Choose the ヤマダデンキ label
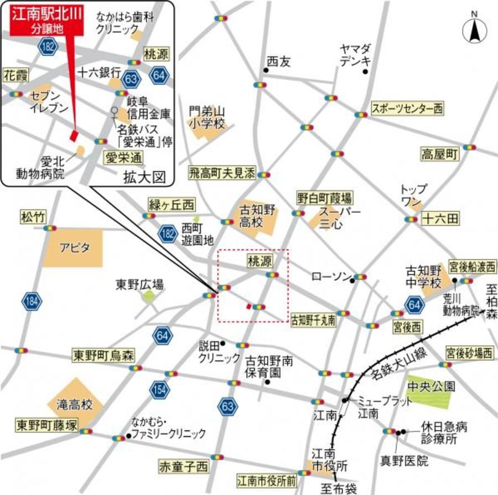(355, 55)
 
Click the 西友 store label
(278, 62)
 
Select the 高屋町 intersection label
(440, 154)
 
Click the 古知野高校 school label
(257, 217)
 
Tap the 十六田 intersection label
(440, 219)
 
